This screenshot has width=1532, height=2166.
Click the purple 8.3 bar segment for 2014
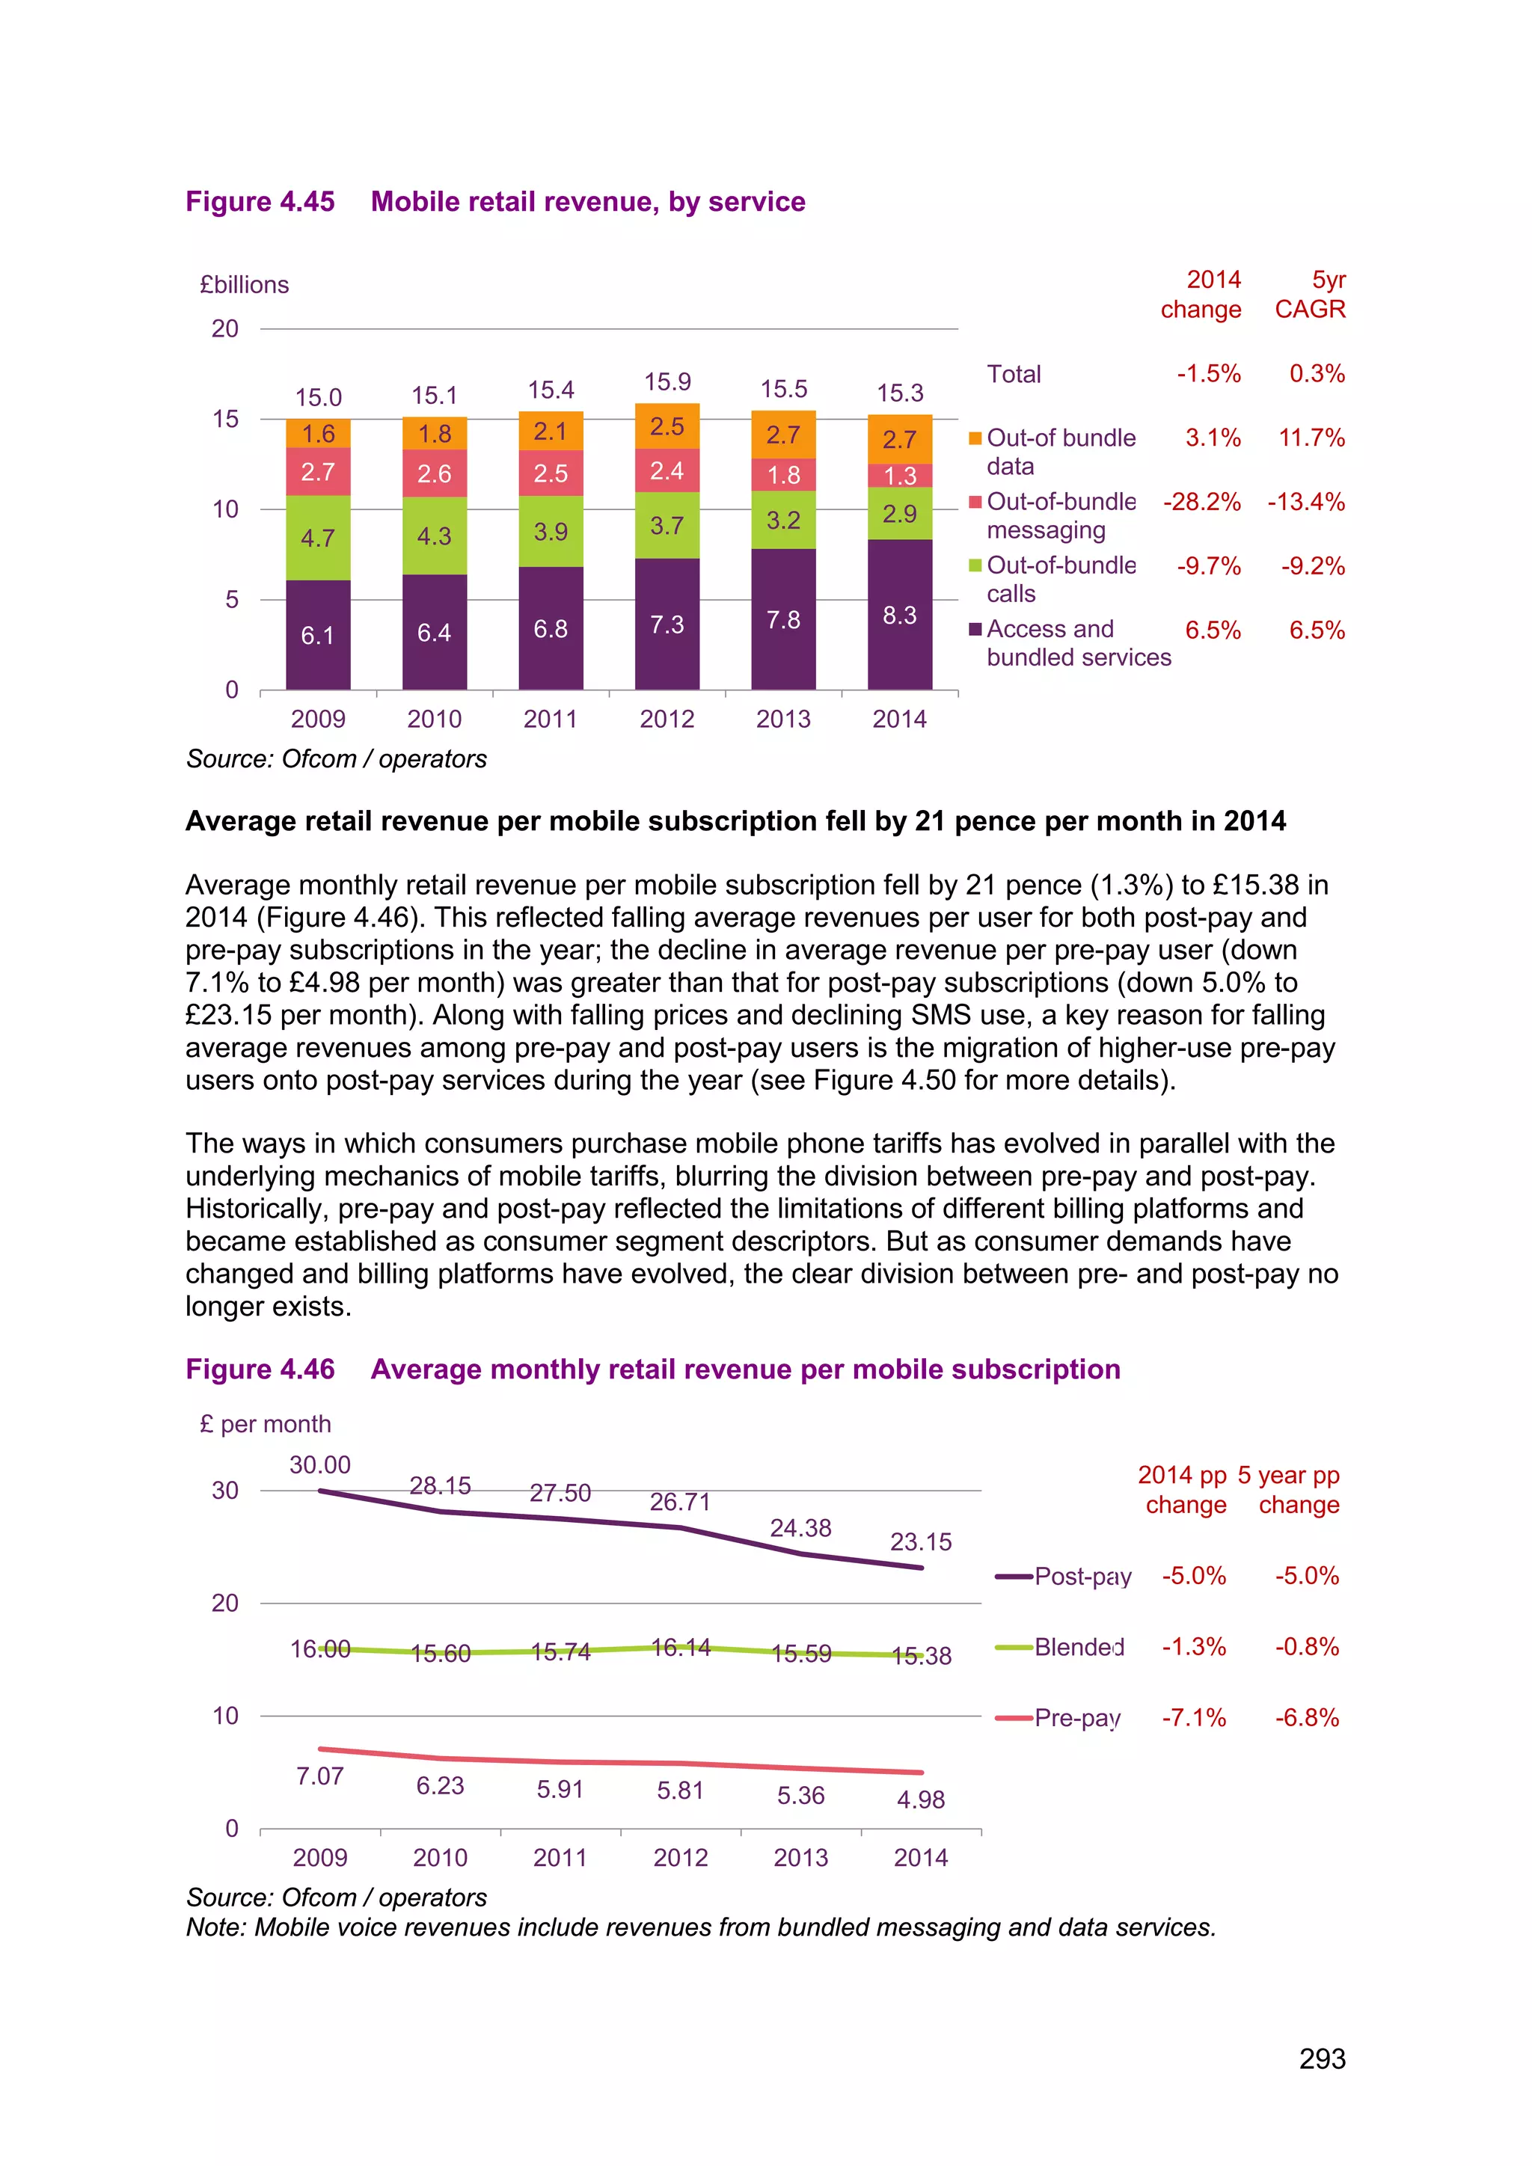click(899, 614)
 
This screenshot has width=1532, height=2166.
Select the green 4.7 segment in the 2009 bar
click(318, 538)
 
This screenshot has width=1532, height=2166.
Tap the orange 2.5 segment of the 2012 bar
click(667, 426)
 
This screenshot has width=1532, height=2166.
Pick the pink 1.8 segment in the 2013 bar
click(783, 474)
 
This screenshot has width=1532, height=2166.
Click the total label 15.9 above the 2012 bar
click(667, 382)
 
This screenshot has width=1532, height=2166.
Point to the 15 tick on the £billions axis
click(225, 419)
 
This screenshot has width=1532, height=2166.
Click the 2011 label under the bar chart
click(550, 719)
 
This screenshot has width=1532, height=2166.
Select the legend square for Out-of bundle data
click(975, 439)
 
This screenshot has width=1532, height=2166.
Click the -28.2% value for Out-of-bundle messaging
click(1201, 502)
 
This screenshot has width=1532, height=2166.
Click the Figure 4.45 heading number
click(260, 202)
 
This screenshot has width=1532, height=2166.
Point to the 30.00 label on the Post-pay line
click(320, 1465)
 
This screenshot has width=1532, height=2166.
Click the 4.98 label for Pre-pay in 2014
click(920, 1799)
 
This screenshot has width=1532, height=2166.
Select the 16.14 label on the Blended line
click(680, 1647)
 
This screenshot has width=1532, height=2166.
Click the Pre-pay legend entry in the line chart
click(1076, 1718)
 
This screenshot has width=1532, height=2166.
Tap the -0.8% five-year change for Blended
click(1307, 1647)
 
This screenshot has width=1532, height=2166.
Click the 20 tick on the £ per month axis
click(225, 1603)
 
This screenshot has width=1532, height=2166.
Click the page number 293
click(1322, 2058)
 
